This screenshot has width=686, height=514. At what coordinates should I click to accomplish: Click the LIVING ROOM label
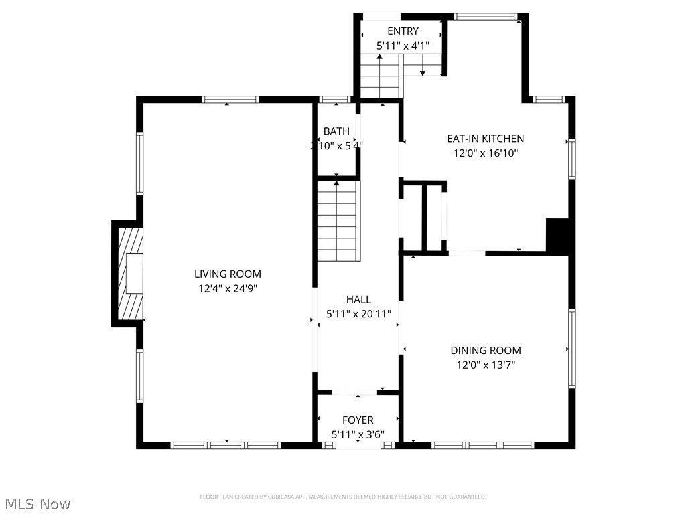(x=227, y=274)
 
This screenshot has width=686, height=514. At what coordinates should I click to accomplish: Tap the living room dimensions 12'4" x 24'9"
(x=227, y=289)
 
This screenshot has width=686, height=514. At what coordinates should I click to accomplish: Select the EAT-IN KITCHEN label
(x=485, y=139)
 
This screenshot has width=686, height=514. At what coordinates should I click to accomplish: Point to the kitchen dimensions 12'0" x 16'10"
(x=485, y=153)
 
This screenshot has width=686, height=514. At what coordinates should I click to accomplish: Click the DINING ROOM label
(x=485, y=350)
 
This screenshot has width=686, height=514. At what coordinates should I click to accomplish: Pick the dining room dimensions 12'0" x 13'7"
(x=485, y=365)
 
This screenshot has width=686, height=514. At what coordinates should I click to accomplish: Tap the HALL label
(x=358, y=299)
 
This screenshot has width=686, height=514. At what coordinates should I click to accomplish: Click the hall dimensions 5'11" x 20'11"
(x=358, y=314)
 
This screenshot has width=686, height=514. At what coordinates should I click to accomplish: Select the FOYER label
(x=358, y=420)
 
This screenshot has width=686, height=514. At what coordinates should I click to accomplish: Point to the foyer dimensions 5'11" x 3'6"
(x=358, y=434)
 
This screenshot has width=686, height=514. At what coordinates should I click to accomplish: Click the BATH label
(x=336, y=131)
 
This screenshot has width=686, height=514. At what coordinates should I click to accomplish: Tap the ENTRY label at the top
(x=403, y=31)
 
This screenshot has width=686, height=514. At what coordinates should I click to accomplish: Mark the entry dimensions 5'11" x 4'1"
(x=403, y=46)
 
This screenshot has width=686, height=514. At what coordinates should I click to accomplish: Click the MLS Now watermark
(x=38, y=503)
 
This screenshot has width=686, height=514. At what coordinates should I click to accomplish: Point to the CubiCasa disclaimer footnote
(x=343, y=497)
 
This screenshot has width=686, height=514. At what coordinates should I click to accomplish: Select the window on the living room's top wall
(x=230, y=100)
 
